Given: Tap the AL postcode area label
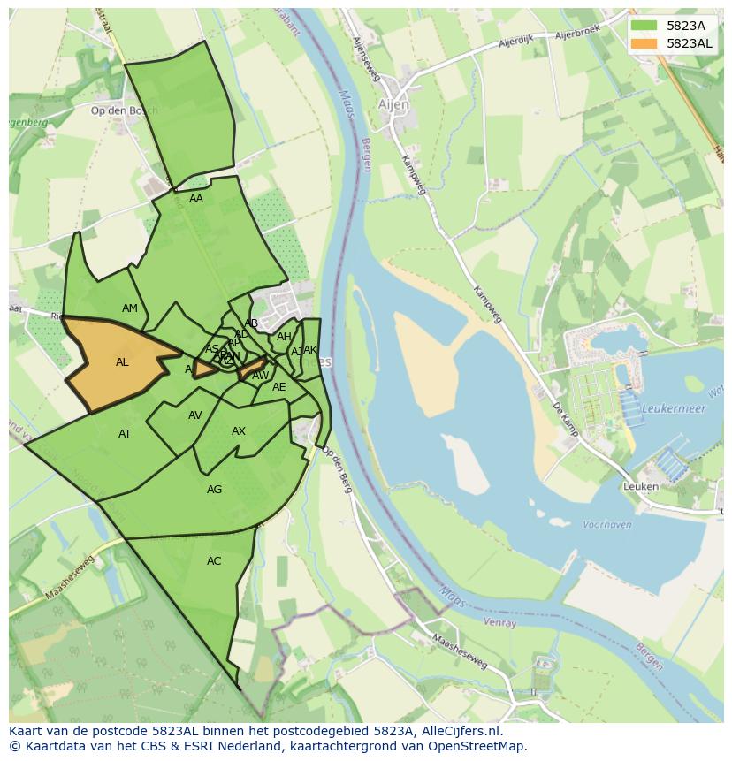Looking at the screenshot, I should [122, 362].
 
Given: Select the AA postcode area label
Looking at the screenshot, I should [196, 199].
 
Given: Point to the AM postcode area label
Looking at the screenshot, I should [130, 308].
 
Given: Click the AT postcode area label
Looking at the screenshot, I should [125, 434].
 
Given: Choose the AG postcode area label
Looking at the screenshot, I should [214, 490].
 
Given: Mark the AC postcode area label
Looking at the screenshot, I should [214, 561].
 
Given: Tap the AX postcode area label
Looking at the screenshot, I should [239, 431].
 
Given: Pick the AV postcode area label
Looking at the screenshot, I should [195, 415].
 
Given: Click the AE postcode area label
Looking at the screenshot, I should [279, 387].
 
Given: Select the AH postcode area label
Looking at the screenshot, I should [284, 337].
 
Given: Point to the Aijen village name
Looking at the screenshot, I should [393, 104].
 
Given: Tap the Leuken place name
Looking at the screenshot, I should [641, 486].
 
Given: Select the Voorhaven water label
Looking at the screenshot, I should [607, 524].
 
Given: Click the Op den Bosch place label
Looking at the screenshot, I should [125, 110].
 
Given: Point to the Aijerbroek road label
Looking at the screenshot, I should [577, 34].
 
